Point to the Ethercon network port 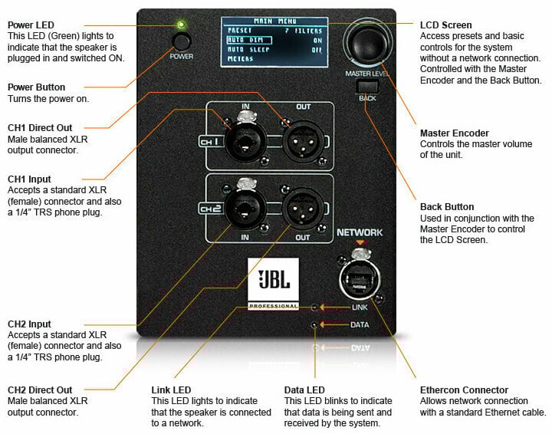click(x=360, y=277)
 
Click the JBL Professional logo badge click(x=274, y=284)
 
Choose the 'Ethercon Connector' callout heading click(x=465, y=390)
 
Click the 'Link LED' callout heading click(x=172, y=390)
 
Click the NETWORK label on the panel click(x=360, y=232)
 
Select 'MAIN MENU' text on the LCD click(x=279, y=21)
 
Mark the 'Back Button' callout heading click(x=447, y=207)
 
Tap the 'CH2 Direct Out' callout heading click(x=40, y=390)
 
